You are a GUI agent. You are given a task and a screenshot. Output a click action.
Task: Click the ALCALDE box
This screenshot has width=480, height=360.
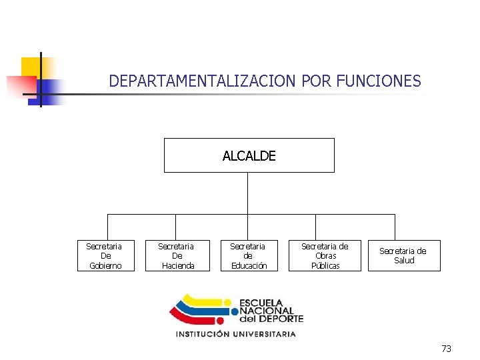249,155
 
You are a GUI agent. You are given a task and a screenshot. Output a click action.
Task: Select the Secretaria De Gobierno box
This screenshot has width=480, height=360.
105,256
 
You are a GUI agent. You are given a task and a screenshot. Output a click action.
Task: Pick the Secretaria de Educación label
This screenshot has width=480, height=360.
248,256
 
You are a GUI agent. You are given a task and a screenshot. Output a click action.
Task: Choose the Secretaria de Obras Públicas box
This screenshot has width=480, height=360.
325,256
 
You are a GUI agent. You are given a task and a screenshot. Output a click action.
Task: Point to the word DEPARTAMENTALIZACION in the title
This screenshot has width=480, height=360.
203,81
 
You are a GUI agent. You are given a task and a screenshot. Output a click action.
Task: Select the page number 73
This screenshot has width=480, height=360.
446,349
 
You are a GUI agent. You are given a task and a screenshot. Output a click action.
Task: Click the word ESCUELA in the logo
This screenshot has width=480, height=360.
261,303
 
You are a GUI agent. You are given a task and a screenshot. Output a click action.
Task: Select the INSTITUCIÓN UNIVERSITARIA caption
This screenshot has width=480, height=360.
235,334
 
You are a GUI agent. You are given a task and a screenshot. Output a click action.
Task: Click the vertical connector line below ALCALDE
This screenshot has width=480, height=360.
247,193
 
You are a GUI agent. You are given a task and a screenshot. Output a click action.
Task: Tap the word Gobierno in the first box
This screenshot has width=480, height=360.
105,266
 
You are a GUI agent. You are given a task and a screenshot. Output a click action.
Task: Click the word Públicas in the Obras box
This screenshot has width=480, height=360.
325,266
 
